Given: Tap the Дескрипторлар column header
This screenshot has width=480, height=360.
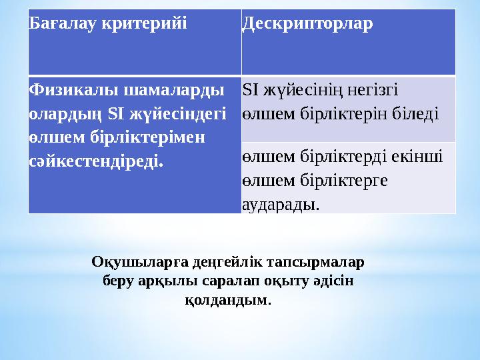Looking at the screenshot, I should (x=307, y=24).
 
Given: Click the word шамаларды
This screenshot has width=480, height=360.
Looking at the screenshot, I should (x=175, y=89).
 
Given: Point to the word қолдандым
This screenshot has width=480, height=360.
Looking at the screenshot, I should (x=228, y=301).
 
